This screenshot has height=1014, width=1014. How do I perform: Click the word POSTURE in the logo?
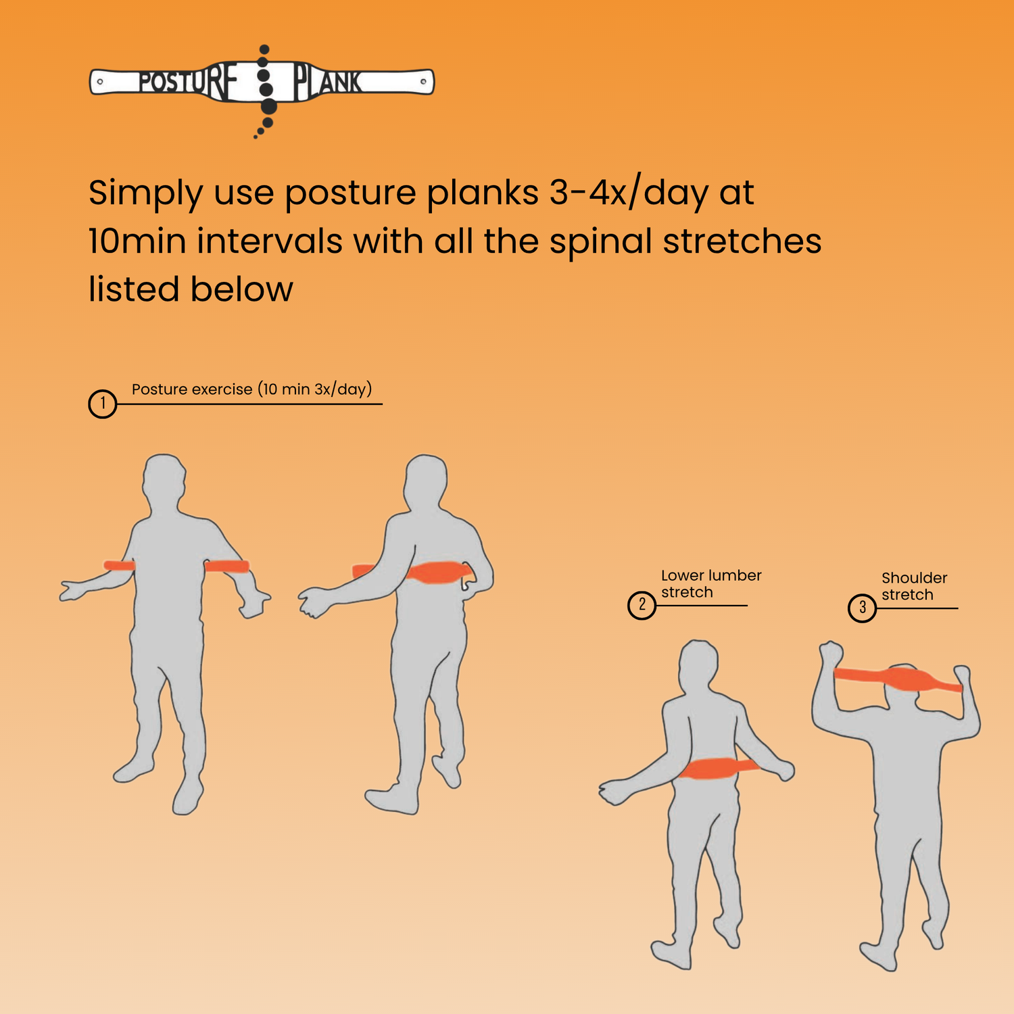[189, 82]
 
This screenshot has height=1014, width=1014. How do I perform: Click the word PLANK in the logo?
[328, 82]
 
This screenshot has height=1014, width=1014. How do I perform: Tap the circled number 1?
[103, 404]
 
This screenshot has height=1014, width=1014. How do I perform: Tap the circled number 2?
[642, 605]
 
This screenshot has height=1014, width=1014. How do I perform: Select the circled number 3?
[862, 608]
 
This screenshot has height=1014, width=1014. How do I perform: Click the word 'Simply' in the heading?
[145, 194]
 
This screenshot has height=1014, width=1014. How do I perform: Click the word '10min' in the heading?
[137, 241]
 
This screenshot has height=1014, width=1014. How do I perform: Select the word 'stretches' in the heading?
[742, 241]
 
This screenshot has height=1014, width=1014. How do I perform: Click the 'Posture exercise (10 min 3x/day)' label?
[251, 389]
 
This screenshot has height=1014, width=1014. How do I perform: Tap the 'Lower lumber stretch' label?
[711, 583]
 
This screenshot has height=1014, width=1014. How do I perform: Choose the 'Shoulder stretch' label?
[914, 586]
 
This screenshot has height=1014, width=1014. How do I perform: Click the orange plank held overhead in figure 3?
[898, 679]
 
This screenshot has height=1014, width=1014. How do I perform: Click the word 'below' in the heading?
[241, 289]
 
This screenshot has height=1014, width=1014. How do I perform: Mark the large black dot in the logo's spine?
[268, 106]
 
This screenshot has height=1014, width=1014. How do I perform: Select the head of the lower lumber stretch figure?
[698, 666]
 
